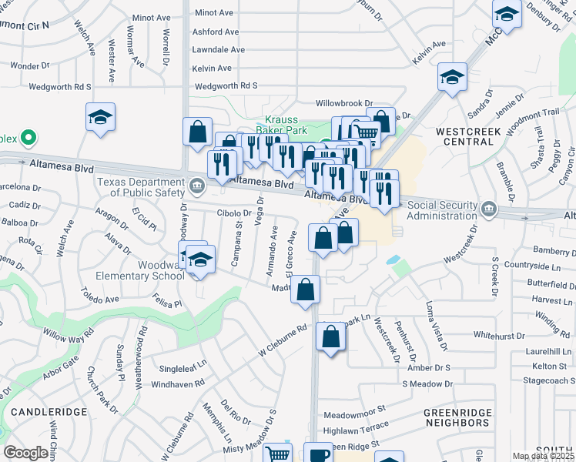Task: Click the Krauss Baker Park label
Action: tap(286, 125)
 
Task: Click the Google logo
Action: tap(25, 453)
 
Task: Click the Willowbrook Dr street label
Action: tap(344, 102)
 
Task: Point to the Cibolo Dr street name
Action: tap(235, 213)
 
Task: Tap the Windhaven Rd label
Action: tap(178, 383)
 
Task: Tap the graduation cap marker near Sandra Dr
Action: tap(452, 77)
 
